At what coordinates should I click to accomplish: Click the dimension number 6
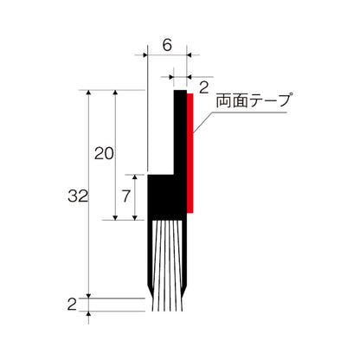point(166,41)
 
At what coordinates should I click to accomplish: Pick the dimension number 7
point(126,196)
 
